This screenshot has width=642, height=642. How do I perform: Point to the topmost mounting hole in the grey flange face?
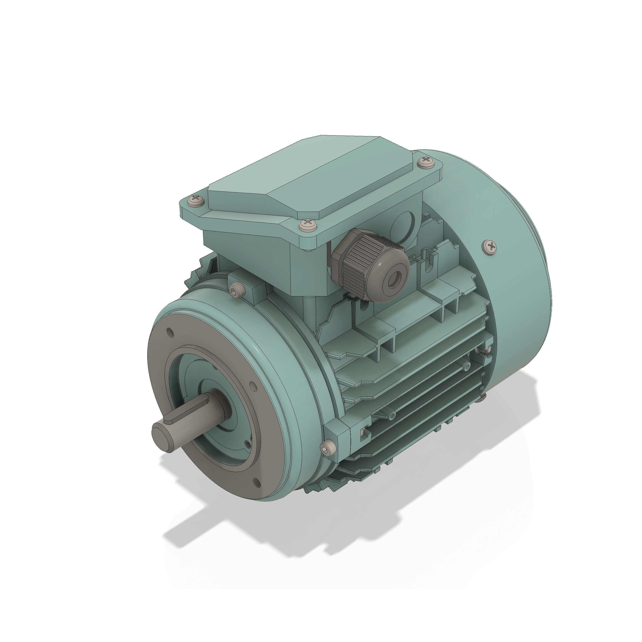pos(170,332)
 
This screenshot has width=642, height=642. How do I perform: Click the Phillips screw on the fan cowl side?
pos(490,246)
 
